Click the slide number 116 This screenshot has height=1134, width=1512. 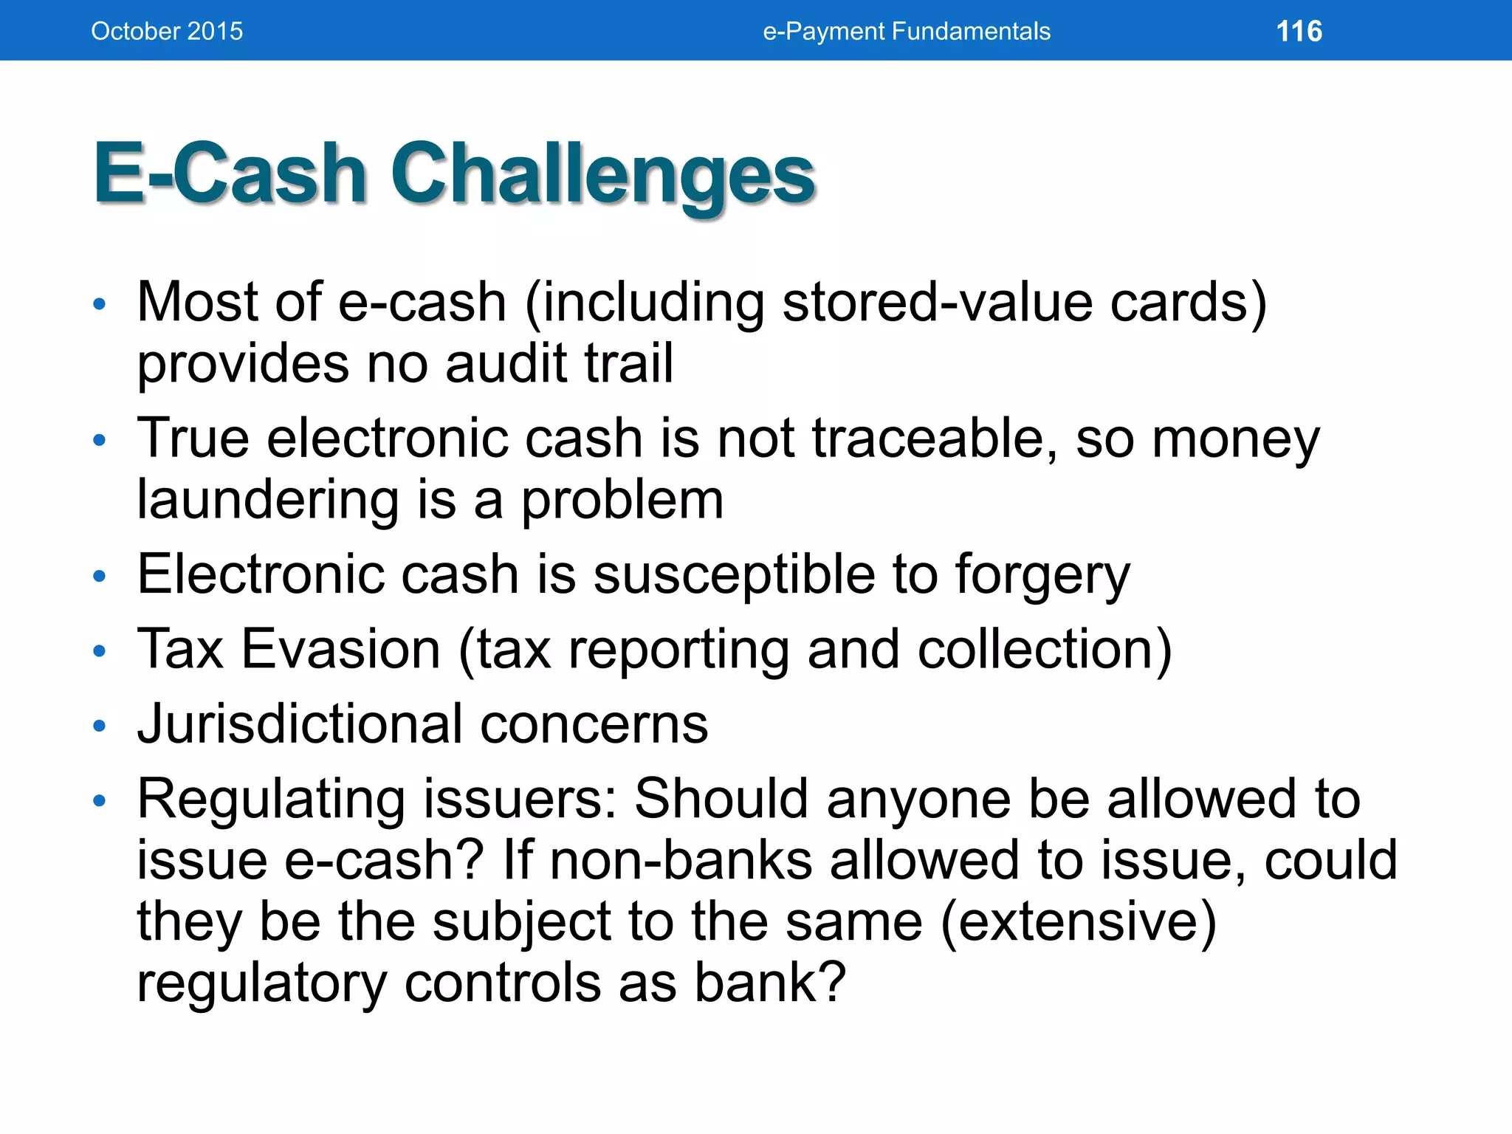1299,31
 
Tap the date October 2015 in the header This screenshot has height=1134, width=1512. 167,31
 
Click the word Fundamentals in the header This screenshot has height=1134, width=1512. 971,31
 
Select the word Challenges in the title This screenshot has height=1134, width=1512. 602,176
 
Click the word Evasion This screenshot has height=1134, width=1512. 341,650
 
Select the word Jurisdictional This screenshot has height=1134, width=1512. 300,725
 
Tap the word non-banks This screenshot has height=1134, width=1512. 681,861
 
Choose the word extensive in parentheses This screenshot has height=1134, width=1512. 1078,923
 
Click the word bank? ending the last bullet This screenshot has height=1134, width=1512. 769,983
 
